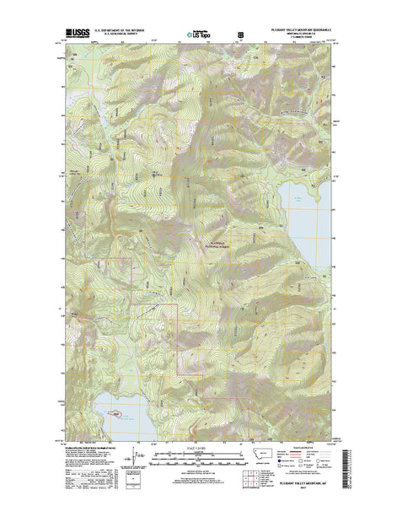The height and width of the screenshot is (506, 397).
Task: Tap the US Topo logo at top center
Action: click(x=199, y=35)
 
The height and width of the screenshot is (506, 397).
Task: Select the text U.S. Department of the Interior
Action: click(x=119, y=30)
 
